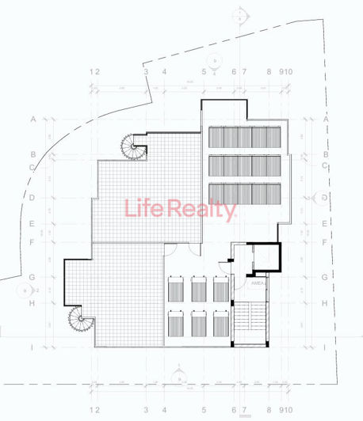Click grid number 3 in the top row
tap(146, 72)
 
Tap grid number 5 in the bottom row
tap(204, 409)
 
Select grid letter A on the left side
tap(33, 119)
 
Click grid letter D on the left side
tap(33, 197)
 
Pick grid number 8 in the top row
tap(269, 72)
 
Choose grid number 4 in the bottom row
tap(164, 409)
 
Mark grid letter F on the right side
tap(326, 243)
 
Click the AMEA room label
tap(258, 283)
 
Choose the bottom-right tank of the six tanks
tap(221, 324)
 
